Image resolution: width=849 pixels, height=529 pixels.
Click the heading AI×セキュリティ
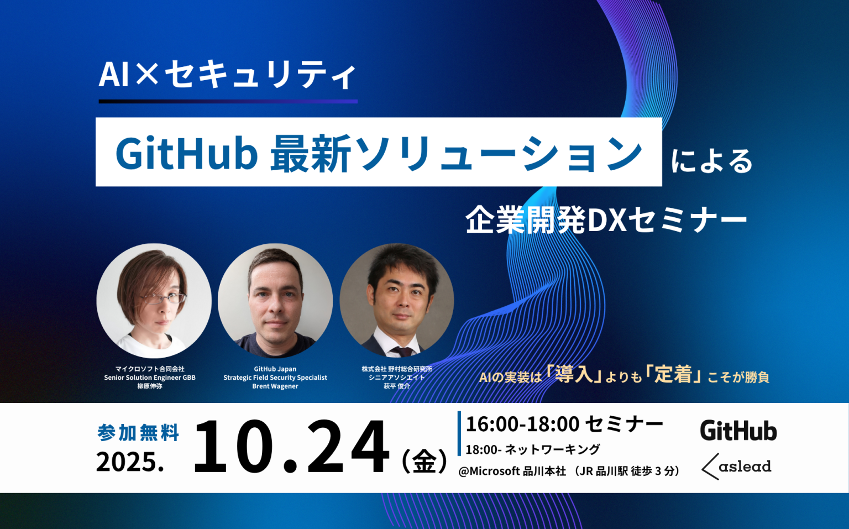[227, 75]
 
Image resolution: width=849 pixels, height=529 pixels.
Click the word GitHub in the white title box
[186, 153]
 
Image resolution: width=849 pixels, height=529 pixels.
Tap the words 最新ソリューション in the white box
[456, 153]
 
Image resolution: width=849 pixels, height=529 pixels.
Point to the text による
[711, 161]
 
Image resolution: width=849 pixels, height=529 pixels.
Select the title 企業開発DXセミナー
[606, 220]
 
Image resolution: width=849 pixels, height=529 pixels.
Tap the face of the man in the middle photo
[275, 296]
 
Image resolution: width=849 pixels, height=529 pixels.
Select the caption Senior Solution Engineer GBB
[150, 378]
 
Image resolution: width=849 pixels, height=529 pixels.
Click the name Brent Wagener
[275, 386]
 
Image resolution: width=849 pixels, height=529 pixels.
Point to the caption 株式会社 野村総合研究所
[397, 369]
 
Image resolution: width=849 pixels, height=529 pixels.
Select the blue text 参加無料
[138, 432]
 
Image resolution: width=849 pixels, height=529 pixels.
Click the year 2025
[130, 462]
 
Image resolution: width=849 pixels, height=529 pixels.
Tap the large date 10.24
[291, 447]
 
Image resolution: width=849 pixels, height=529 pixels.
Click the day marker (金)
[424, 461]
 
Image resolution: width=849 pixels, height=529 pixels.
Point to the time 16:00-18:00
[522, 424]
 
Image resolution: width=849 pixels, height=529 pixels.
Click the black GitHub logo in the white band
[738, 431]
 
